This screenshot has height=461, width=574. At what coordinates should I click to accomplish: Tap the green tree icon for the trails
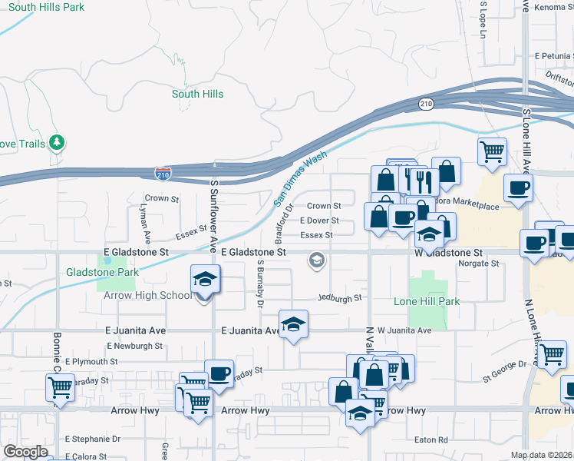pos(56,142)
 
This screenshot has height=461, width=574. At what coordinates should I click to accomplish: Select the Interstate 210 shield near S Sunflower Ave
pos(161,175)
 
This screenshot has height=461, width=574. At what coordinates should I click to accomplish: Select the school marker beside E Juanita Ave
pos(292,326)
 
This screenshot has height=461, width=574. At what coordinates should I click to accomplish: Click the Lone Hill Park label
pos(427,301)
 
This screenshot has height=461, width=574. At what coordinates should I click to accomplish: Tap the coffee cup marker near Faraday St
pos(219,373)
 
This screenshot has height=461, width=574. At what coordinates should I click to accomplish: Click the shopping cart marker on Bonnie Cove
pos(60,387)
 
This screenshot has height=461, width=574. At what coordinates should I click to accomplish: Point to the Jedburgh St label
pos(340,297)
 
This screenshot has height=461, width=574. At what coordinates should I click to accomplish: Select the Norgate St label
pos(478,264)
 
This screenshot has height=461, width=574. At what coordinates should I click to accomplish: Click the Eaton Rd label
pos(430,440)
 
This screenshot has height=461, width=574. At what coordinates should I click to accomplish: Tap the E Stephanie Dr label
pos(93,439)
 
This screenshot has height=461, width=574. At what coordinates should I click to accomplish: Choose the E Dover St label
pos(319,221)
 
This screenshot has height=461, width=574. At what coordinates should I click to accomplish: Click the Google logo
pos(25,452)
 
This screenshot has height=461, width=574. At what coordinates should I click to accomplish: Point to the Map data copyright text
pos(542,455)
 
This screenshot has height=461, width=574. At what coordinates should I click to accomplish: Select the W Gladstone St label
pos(448,252)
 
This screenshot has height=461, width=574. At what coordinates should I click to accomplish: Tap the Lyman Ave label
pos(143,221)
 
